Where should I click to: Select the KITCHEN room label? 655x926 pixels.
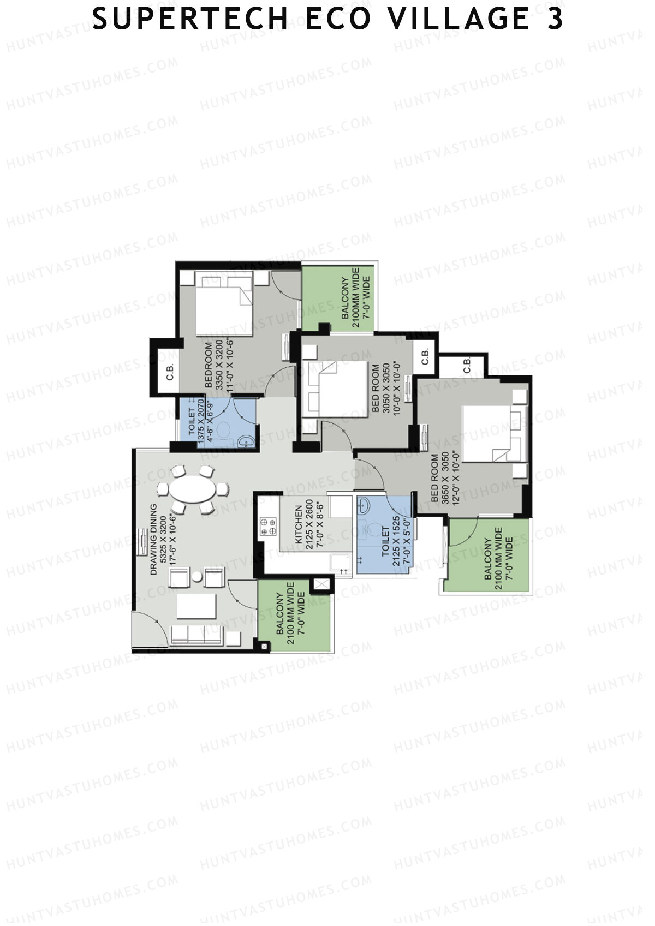[299, 525]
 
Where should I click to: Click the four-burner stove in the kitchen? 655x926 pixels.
[268, 526]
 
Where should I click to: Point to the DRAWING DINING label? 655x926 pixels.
[153, 539]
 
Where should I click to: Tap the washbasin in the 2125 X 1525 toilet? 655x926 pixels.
[364, 504]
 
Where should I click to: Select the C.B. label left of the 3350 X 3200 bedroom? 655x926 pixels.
[170, 372]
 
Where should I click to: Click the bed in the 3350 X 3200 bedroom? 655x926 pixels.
[224, 306]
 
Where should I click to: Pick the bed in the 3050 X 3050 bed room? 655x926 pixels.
[335, 389]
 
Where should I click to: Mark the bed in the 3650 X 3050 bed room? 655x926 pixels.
[494, 434]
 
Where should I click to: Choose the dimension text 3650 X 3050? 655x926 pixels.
[445, 477]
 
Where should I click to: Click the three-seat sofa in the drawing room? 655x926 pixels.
[196, 635]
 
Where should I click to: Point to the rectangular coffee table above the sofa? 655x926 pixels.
[196, 606]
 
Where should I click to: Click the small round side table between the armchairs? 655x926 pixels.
[197, 577]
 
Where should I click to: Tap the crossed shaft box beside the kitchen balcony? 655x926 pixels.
[321, 584]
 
